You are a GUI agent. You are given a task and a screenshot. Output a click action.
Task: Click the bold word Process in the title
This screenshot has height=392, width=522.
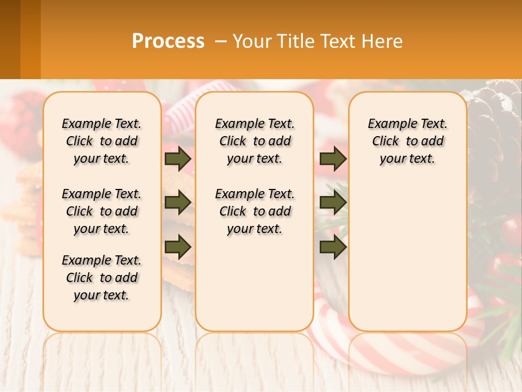(x=168, y=41)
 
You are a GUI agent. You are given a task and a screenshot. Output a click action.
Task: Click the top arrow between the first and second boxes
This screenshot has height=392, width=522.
(x=177, y=159)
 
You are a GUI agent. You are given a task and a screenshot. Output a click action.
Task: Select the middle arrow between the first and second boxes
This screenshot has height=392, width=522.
(x=177, y=203)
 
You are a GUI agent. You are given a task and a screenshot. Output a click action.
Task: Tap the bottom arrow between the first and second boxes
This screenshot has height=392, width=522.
(x=177, y=248)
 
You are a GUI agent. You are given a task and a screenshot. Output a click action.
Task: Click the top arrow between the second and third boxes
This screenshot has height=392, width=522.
(x=333, y=159)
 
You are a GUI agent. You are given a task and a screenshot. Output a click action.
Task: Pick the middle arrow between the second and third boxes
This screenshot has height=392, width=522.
(x=333, y=203)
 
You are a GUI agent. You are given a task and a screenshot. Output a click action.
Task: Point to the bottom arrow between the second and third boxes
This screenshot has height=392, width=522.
(x=333, y=248)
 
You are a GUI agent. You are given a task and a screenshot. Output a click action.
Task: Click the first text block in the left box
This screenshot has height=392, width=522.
(x=102, y=142)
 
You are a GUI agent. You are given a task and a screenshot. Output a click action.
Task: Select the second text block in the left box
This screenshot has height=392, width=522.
(x=102, y=211)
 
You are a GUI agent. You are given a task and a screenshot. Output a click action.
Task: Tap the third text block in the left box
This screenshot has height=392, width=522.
(x=102, y=278)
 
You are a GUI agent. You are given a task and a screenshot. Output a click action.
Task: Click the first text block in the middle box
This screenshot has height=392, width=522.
(x=255, y=142)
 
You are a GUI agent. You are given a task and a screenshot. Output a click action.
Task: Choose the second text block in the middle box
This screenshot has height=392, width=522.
(x=255, y=211)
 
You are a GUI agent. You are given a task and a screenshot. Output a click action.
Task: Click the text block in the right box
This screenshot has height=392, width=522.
(x=408, y=142)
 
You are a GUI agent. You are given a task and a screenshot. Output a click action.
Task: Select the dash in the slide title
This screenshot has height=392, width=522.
(x=221, y=41)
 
